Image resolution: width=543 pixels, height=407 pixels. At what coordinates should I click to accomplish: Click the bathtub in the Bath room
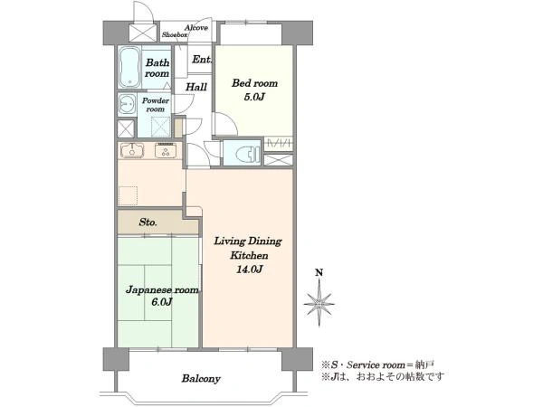point(129,68)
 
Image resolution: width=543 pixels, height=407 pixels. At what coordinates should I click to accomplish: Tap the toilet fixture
point(249,153)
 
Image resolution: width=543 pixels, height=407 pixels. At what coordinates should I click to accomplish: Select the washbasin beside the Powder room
point(127,105)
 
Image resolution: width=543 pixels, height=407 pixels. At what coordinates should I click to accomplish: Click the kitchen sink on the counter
point(132,150)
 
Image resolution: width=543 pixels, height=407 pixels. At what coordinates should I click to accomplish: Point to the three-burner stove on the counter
point(166,150)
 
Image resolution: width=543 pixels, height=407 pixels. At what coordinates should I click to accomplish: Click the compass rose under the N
point(319,304)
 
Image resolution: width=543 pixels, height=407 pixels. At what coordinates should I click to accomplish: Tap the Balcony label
point(201,379)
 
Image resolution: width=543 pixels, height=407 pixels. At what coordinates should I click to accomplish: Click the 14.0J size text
point(250,269)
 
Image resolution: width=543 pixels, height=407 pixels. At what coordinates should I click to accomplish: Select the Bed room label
point(254,83)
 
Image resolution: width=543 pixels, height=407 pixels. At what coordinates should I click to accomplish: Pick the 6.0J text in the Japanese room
point(162,302)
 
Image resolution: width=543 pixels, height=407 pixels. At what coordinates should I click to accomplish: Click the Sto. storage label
point(148,222)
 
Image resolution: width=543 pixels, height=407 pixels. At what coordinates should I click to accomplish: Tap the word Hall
point(196,87)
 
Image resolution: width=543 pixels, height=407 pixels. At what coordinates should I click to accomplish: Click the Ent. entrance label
point(202,60)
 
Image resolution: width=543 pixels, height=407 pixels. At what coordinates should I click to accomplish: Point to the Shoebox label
point(175,35)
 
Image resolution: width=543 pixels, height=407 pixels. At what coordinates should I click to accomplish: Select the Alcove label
point(196,27)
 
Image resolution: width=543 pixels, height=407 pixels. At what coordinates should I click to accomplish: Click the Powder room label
point(156,105)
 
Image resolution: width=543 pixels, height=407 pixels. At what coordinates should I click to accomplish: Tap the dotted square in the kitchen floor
point(129,196)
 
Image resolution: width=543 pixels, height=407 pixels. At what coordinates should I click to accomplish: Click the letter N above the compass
point(319,273)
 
